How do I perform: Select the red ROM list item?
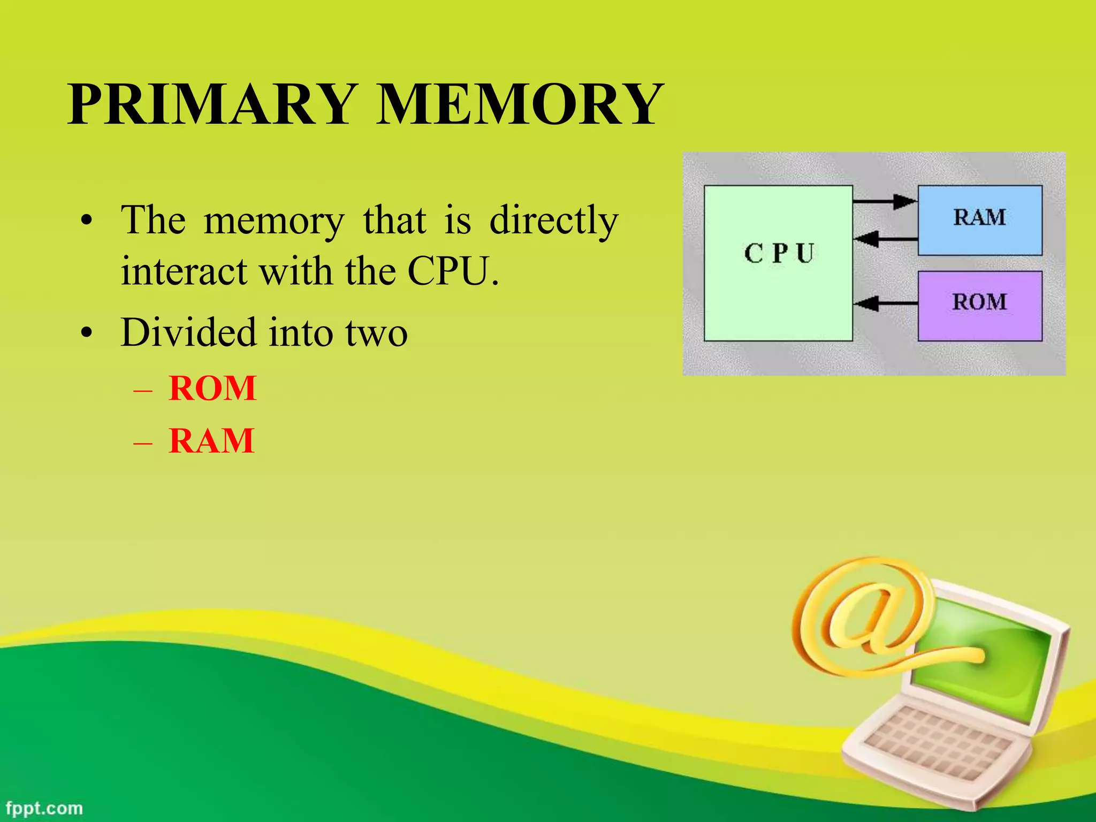pos(212,388)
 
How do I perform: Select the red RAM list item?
pos(211,441)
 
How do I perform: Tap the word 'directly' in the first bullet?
pos(554,220)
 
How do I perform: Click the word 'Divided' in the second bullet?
pos(189,333)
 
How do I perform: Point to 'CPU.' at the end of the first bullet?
pos(453,271)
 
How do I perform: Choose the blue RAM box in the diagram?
pos(979,219)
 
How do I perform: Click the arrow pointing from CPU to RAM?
pos(885,202)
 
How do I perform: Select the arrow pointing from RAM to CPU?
pos(885,238)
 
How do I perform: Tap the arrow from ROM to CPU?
pos(885,303)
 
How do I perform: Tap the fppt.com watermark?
pos(44,808)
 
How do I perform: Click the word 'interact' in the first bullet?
pos(184,271)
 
